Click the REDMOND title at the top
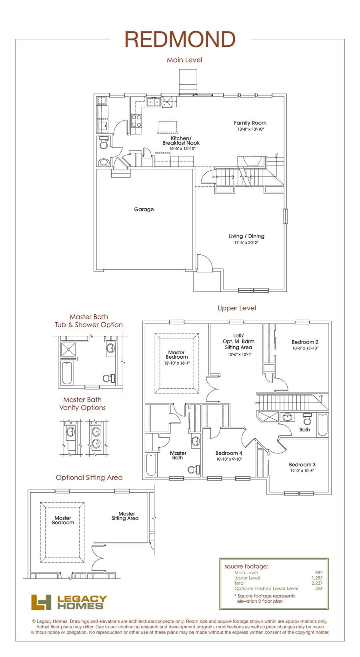tap(180, 40)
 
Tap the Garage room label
tap(144, 210)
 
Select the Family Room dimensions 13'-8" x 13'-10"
tap(250, 130)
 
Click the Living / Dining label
tap(246, 236)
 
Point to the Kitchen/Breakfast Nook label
tap(181, 140)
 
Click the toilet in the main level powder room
tap(103, 143)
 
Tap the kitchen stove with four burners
tap(136, 121)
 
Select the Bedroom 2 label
tap(305, 342)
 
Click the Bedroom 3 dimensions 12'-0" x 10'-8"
tap(302, 471)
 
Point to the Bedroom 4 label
tap(229, 453)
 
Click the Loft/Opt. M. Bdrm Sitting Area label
tap(238, 341)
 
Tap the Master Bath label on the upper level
tap(178, 455)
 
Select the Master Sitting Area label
tap(125, 516)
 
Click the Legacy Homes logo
tap(69, 602)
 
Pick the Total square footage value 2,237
tap(317, 583)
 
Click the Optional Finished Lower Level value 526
tap(318, 588)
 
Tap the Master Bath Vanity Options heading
tap(82, 403)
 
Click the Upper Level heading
tap(237, 308)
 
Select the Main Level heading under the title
tap(184, 60)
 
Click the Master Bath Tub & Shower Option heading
tap(89, 321)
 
